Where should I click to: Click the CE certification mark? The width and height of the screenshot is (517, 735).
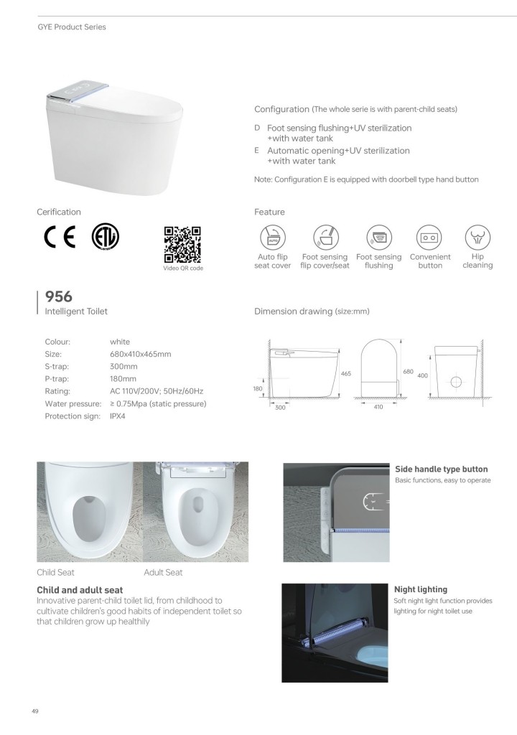[60, 238]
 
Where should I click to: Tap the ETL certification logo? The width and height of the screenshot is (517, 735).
[106, 237]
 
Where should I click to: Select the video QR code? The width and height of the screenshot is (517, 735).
[182, 244]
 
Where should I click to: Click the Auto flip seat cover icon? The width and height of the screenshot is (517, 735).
[272, 237]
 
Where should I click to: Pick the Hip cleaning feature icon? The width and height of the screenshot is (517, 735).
[477, 236]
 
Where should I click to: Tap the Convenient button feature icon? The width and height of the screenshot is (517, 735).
[429, 237]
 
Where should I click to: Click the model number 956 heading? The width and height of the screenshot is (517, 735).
[59, 296]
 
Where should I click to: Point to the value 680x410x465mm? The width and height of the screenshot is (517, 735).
[140, 354]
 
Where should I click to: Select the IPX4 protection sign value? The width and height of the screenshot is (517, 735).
[118, 416]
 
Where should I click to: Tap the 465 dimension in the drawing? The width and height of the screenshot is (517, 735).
[345, 374]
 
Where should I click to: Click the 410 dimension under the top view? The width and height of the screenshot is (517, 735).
[378, 406]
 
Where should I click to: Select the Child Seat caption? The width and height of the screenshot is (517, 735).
[55, 572]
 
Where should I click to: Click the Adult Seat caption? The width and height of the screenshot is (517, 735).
[163, 572]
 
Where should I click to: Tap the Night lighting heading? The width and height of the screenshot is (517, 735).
[420, 589]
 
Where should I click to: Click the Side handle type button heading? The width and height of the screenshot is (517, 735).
[441, 469]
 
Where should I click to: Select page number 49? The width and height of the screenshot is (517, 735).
[34, 711]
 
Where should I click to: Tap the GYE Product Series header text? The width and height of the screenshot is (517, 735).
[71, 27]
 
